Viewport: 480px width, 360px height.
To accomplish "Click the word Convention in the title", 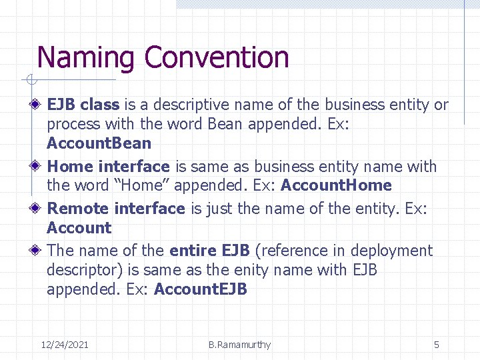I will tap(217, 58).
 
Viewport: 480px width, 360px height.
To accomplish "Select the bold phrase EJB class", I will tap(83, 105).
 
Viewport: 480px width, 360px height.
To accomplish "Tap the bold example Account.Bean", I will tap(99, 143).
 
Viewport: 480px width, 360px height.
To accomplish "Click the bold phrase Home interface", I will tap(109, 167).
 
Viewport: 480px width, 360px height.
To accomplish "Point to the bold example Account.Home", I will tap(336, 185).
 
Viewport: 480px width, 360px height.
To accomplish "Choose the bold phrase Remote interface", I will tap(116, 209).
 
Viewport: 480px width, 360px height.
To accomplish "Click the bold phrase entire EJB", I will tap(209, 251).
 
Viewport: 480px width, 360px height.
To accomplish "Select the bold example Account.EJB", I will tap(200, 289).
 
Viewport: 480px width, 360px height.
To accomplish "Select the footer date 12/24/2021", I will tap(65, 345).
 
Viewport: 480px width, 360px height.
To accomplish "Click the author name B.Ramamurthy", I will tap(239, 345).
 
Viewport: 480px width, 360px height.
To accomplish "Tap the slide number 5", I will tap(437, 345).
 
